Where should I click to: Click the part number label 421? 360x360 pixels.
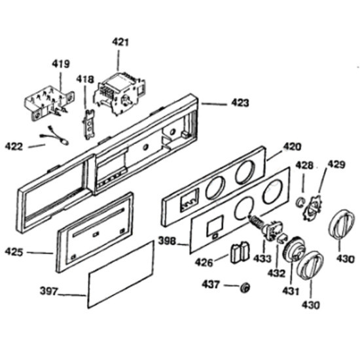[x=120, y=43]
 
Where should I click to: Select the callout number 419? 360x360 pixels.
[x=61, y=63]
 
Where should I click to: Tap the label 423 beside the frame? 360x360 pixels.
[x=240, y=103]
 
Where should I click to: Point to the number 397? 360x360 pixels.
[x=48, y=291]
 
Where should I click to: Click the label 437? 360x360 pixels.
[x=211, y=285]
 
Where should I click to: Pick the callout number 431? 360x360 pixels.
[x=291, y=291]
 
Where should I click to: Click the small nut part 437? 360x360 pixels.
[x=245, y=287]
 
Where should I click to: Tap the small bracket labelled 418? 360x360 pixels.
[x=89, y=124]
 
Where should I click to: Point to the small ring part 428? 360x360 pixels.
[x=300, y=202]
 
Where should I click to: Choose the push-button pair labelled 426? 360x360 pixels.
[x=240, y=251]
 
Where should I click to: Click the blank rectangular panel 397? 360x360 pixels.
[x=120, y=274]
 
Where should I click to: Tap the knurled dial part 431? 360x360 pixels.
[x=295, y=249]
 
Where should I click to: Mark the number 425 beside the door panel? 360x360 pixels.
[x=14, y=252]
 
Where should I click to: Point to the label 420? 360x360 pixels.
[x=292, y=147]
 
